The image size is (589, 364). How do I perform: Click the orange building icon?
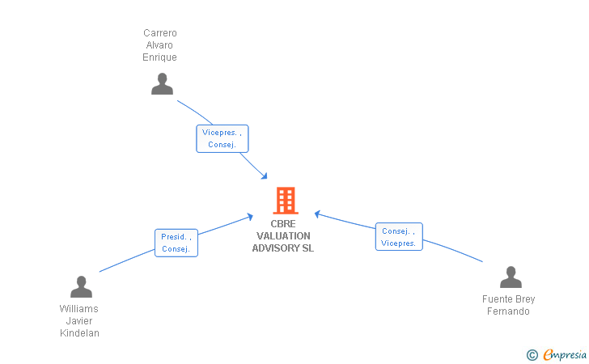[x=286, y=201]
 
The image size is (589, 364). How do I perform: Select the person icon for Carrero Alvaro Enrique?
[x=162, y=84]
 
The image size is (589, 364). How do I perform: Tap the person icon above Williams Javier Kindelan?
[x=81, y=286]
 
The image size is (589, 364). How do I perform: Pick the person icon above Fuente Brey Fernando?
[x=511, y=277]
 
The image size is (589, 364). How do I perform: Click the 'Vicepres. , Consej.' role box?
[x=222, y=138]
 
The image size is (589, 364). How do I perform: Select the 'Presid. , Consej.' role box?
[x=176, y=243]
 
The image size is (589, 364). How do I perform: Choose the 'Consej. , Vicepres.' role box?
[x=399, y=237]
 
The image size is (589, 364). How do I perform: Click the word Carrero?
[x=160, y=33]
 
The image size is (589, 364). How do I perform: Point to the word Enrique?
[x=159, y=57]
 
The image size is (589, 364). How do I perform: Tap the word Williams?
[x=79, y=309]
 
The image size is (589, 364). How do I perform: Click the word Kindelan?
[x=79, y=332]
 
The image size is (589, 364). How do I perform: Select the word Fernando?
[x=508, y=311]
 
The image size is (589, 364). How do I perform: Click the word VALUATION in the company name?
[x=283, y=236]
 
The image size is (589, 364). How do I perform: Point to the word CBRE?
[x=283, y=224]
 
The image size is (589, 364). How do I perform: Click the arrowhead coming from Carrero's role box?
[x=265, y=176]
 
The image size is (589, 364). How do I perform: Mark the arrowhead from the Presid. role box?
[x=250, y=217]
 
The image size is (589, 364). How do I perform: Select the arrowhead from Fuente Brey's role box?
[x=317, y=214]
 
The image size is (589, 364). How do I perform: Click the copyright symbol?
[x=532, y=355]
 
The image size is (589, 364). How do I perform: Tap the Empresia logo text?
[x=565, y=354]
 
